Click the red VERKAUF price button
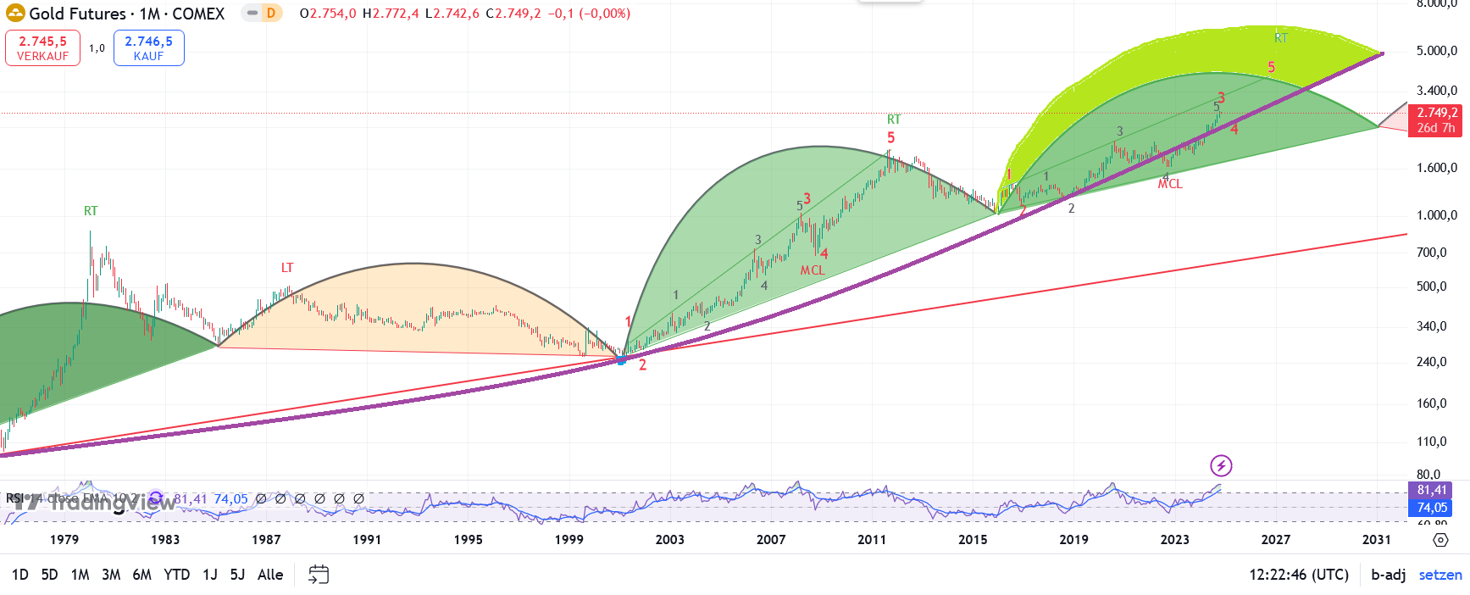[42, 47]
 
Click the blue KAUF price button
[148, 47]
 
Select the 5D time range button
[50, 575]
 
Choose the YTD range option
[176, 575]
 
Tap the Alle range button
[270, 575]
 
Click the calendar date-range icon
[319, 575]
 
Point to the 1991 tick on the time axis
[367, 539]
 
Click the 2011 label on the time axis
[872, 539]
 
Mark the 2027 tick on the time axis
[1276, 539]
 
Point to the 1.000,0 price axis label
[1437, 215]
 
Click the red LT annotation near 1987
[287, 268]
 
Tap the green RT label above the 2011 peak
[894, 120]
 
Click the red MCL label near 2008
[813, 270]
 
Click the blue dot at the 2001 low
[621, 360]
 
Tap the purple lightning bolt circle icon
[1221, 465]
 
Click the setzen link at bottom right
[1440, 575]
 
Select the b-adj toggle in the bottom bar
[1389, 575]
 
